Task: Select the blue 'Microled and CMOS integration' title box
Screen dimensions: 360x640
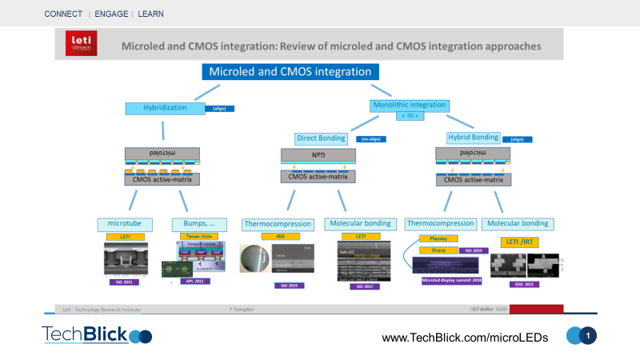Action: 290,72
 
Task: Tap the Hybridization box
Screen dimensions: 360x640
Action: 164,107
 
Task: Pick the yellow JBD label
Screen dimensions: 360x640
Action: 281,237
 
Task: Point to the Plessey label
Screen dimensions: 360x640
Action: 438,238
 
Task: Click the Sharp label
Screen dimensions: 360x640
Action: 438,250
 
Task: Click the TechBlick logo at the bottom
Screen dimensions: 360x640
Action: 96,335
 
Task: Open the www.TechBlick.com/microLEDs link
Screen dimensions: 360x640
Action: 465,338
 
